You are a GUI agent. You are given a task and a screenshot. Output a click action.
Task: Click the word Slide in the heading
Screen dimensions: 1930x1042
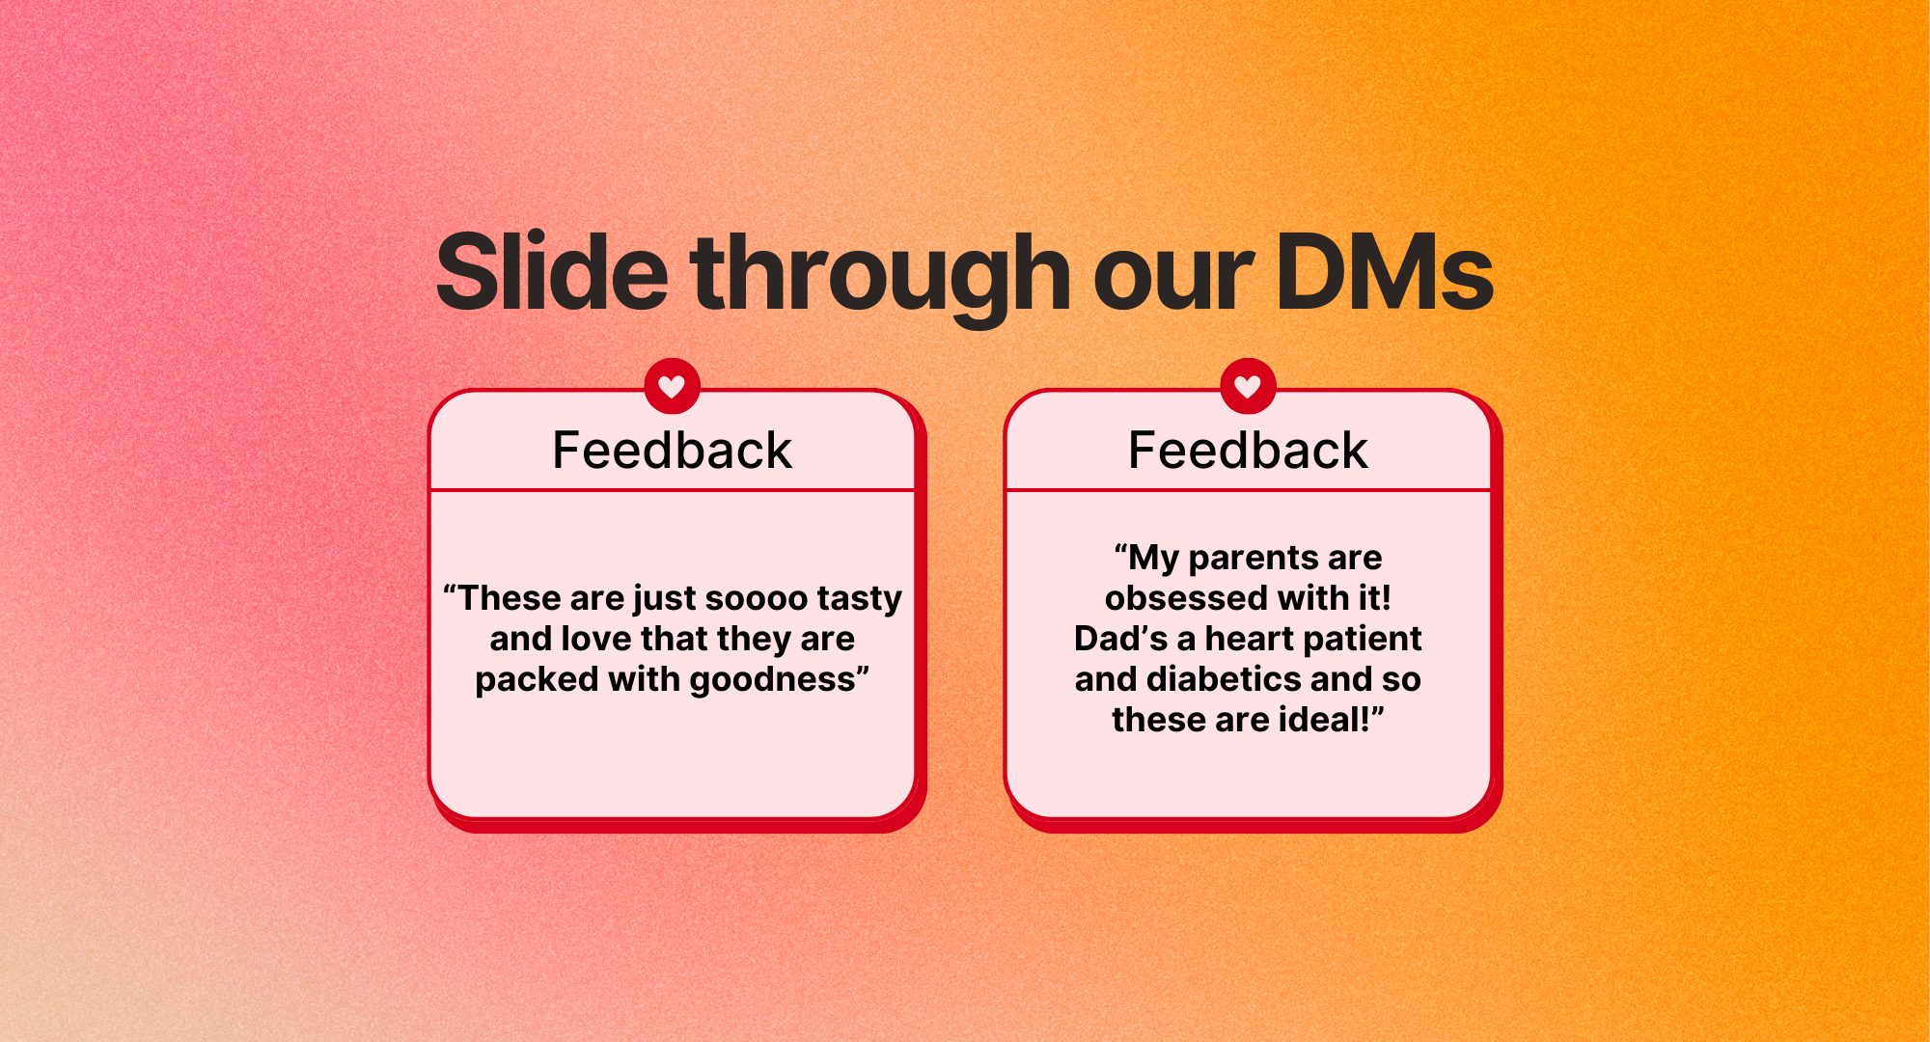(x=552, y=272)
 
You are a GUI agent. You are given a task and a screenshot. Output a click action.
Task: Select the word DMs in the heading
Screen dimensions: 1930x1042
(x=1385, y=273)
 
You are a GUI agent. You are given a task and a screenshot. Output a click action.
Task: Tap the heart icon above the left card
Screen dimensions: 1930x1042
(x=672, y=387)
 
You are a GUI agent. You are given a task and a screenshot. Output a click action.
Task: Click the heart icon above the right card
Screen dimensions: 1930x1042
(x=1248, y=387)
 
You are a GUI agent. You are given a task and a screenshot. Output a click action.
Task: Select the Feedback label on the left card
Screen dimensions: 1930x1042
(x=672, y=451)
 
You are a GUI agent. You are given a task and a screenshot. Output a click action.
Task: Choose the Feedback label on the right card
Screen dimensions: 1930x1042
(x=1248, y=451)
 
